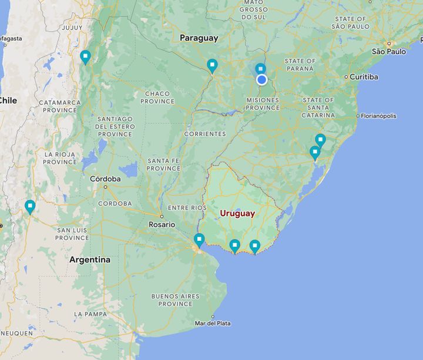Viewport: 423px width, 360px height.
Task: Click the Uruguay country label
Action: coord(237,213)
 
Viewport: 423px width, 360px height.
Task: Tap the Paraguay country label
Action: coord(199,38)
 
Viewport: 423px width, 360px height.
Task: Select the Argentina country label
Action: coord(89,260)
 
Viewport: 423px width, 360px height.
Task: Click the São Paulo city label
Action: coord(389,52)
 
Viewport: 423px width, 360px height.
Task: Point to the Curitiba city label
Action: coord(364,77)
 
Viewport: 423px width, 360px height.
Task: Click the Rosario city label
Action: coord(162,224)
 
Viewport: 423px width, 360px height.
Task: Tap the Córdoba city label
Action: coord(105,179)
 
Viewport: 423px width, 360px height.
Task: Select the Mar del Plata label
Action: coord(213,323)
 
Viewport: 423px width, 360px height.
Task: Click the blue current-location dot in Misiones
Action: coord(261,79)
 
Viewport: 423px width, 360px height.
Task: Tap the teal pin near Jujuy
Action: coord(85,57)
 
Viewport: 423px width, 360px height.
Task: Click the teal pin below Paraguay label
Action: coord(212,65)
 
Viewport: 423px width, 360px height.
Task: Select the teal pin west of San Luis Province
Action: coord(30,206)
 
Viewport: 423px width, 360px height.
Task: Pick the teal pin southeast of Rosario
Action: coord(199,240)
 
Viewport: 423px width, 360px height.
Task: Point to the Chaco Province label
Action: coord(157,97)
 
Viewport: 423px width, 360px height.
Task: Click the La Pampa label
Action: coord(90,314)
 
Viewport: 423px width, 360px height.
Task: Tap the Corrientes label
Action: coord(204,134)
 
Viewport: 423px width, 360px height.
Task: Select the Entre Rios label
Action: coord(187,208)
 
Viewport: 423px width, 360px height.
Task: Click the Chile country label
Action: coord(8,100)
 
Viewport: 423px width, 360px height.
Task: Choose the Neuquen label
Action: coord(16,333)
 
